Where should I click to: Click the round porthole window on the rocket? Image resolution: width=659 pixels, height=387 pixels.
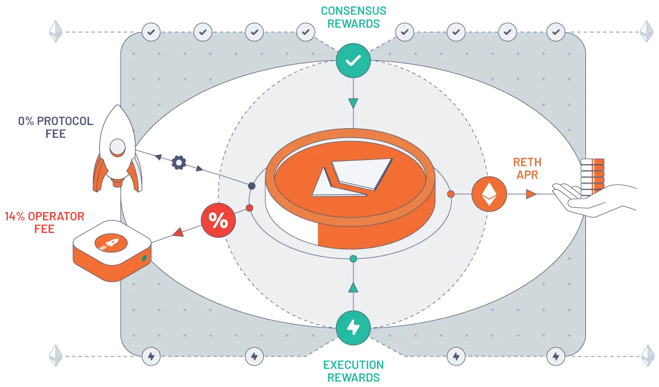click(118, 145)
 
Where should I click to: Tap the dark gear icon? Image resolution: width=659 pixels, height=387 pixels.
click(178, 163)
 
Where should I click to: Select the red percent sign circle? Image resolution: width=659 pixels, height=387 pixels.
click(218, 221)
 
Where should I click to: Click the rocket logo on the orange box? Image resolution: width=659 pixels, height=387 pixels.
click(110, 244)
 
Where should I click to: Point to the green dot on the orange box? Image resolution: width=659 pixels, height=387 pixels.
click(144, 259)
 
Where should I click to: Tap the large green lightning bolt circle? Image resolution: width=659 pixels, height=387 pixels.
click(353, 327)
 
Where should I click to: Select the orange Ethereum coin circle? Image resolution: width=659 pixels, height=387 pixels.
click(489, 194)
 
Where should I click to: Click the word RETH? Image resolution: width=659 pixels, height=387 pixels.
click(527, 162)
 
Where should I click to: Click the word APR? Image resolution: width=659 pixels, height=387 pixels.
click(527, 175)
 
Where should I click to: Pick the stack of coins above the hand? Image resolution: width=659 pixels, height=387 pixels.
click(592, 177)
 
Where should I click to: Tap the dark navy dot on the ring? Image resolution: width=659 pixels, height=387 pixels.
click(251, 186)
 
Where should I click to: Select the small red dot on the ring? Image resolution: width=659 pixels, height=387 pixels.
click(249, 208)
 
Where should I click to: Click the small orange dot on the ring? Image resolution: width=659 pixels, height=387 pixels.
click(451, 194)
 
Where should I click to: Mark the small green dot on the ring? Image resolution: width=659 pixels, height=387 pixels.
click(353, 259)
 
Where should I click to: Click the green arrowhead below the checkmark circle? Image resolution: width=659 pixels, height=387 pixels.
click(353, 103)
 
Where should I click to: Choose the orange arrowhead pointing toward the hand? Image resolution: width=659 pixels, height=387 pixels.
click(531, 194)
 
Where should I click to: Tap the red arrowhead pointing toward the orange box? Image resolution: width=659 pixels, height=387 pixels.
click(178, 232)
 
